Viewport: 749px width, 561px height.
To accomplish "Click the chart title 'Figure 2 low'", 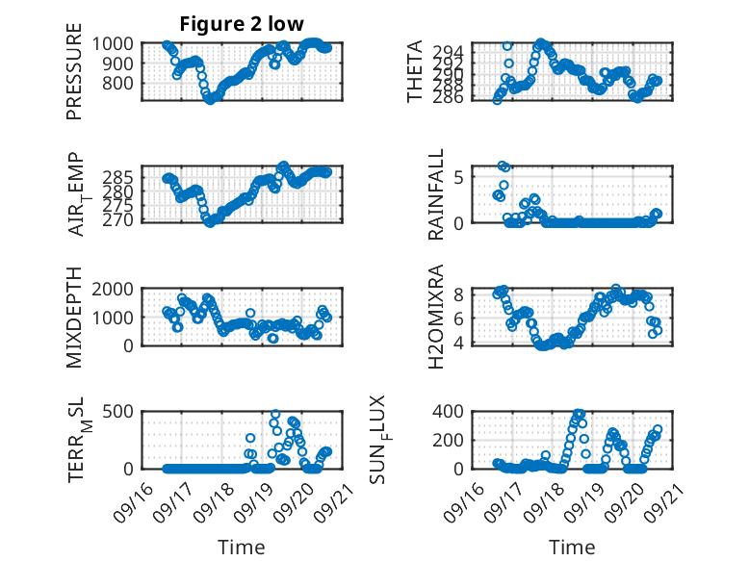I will click(243, 24).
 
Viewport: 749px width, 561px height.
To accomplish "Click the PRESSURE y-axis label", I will click(74, 78).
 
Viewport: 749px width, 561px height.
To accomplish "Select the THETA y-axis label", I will click(415, 71).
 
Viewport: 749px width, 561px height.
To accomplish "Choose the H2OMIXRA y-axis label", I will click(436, 317).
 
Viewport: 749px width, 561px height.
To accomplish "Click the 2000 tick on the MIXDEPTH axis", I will click(119, 289).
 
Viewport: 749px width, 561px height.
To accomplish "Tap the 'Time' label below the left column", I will click(243, 548).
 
